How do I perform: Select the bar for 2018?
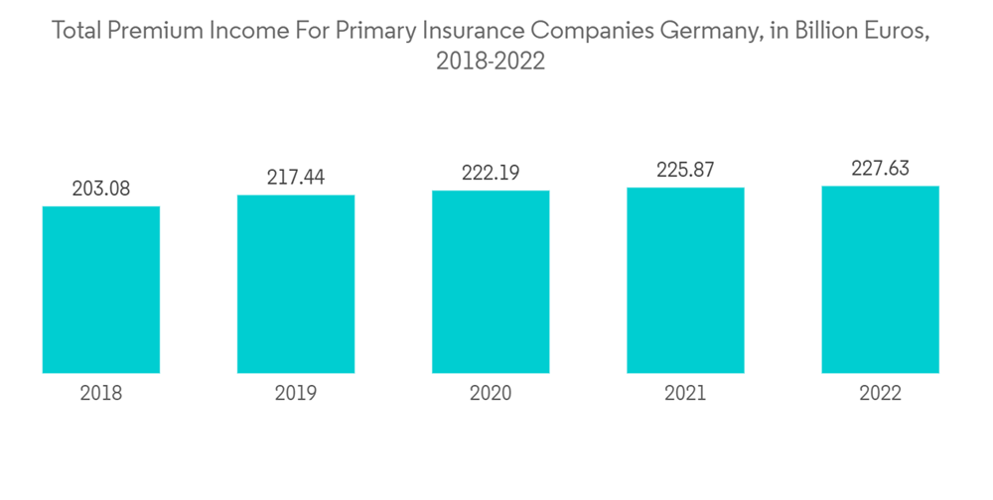click(x=101, y=290)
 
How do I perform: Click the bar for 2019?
click(x=296, y=284)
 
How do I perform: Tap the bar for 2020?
click(x=491, y=282)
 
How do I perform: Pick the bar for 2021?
click(x=685, y=280)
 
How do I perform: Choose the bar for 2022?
click(x=880, y=279)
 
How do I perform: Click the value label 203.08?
click(x=101, y=188)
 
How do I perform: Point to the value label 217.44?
click(x=296, y=178)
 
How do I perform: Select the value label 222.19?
click(x=491, y=173)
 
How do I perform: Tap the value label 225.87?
click(x=685, y=171)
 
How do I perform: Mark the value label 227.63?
click(x=880, y=169)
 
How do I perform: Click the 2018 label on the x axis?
click(x=101, y=394)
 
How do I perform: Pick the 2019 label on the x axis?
click(x=296, y=394)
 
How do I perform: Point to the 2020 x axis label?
click(x=491, y=394)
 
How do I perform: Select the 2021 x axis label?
click(x=685, y=394)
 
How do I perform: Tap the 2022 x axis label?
click(x=880, y=394)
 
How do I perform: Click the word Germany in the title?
click(x=706, y=32)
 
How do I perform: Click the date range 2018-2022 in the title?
click(x=491, y=62)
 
